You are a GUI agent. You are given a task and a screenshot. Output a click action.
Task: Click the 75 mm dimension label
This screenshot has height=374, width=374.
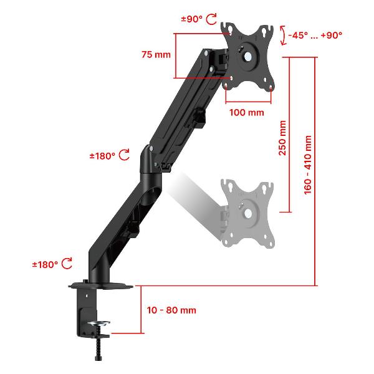[156, 55]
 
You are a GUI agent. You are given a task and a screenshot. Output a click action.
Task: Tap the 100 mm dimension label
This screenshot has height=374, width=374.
[247, 113]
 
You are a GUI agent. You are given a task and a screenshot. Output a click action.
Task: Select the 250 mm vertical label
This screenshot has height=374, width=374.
[282, 138]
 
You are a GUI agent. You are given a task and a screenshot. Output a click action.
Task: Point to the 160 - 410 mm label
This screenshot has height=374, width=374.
[308, 165]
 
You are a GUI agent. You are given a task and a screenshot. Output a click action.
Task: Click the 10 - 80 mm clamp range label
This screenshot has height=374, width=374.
[171, 310]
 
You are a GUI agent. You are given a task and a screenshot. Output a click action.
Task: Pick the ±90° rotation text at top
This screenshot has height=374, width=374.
[192, 19]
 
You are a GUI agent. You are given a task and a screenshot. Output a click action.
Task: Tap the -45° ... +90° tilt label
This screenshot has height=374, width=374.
[315, 36]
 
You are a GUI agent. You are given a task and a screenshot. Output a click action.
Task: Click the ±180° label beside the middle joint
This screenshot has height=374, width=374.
[103, 156]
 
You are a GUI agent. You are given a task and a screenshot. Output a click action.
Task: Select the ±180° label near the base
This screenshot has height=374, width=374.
[46, 264]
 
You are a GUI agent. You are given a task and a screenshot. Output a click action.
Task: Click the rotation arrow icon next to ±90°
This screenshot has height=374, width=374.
[211, 19]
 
